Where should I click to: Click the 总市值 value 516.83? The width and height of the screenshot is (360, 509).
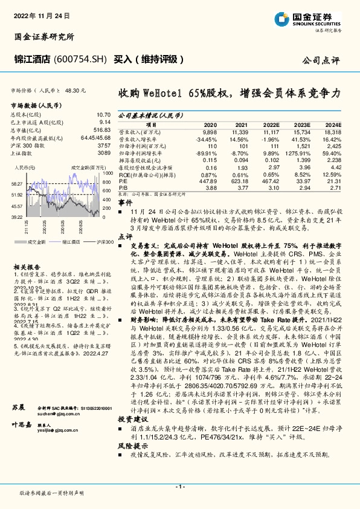coord(101,131)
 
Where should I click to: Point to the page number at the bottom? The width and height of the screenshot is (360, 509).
coord(179,487)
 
